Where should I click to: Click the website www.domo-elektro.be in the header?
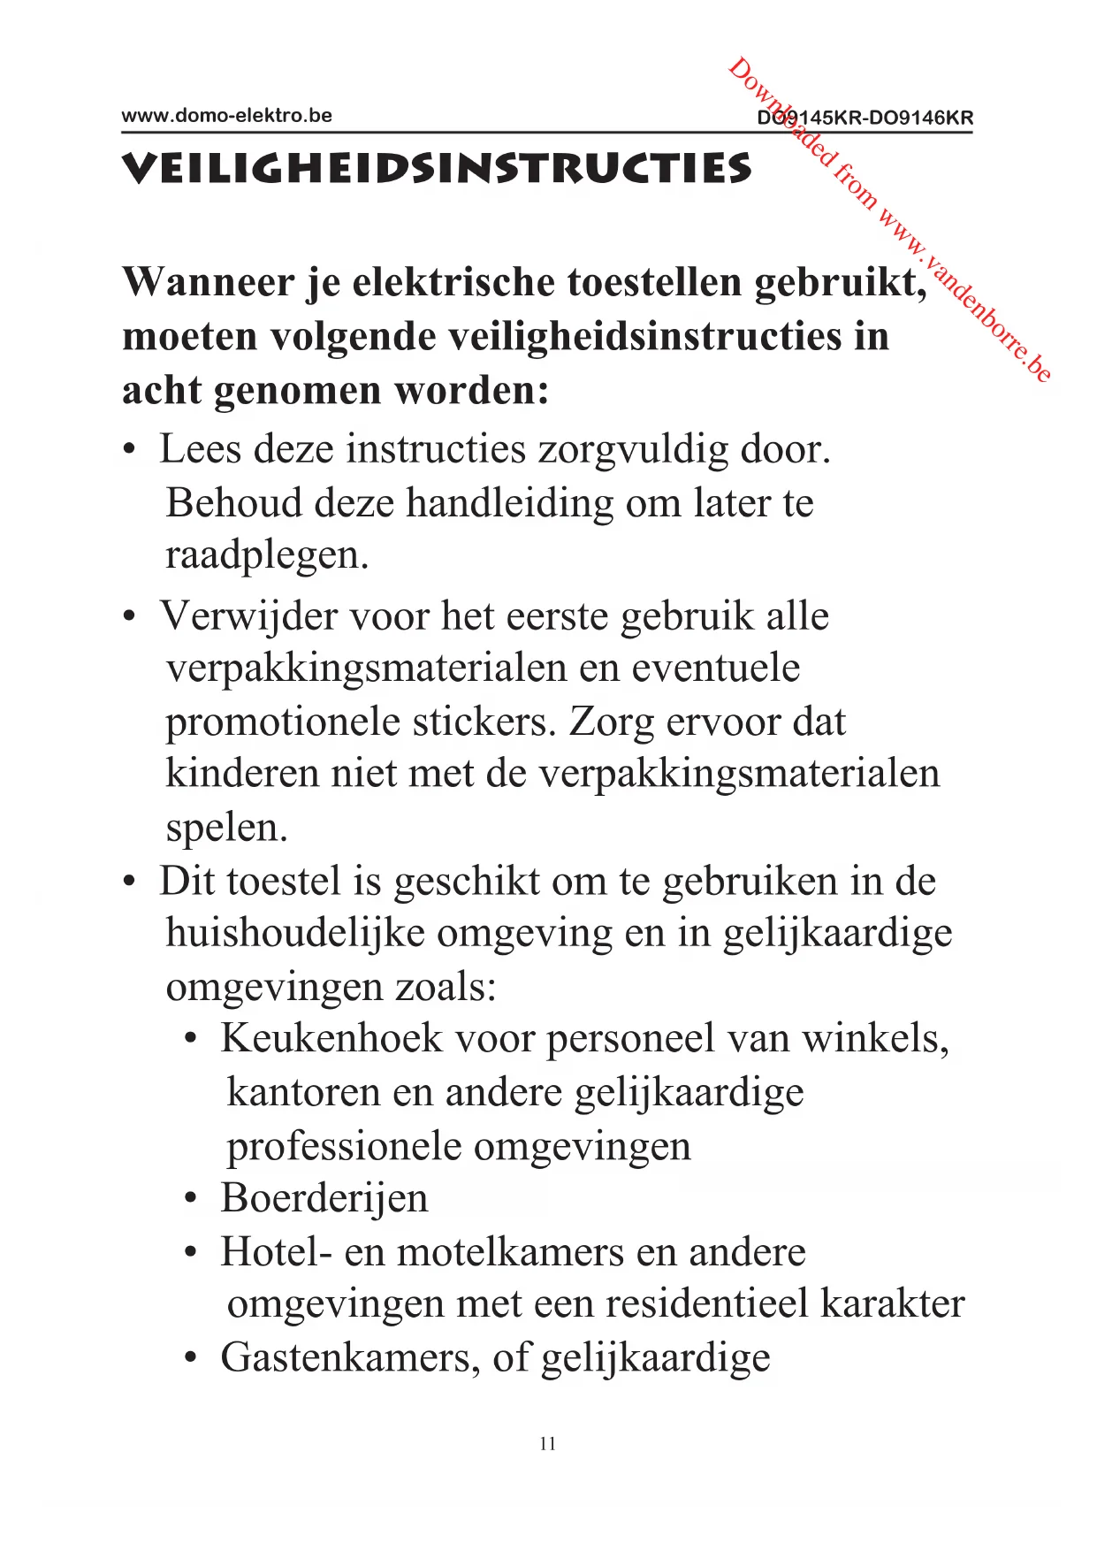click(226, 116)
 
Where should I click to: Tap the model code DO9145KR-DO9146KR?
click(865, 118)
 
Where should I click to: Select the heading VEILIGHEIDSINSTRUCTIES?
click(436, 169)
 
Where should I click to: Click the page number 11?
click(547, 1443)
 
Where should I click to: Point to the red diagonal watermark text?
click(888, 221)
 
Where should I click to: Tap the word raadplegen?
click(266, 555)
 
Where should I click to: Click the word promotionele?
click(271, 722)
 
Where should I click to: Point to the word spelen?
click(226, 828)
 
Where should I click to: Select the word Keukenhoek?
click(331, 1038)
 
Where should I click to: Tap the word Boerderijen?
click(324, 1198)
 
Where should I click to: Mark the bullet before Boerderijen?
click(190, 1201)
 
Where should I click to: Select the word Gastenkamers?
click(350, 1357)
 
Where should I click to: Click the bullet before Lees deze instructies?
click(130, 451)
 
